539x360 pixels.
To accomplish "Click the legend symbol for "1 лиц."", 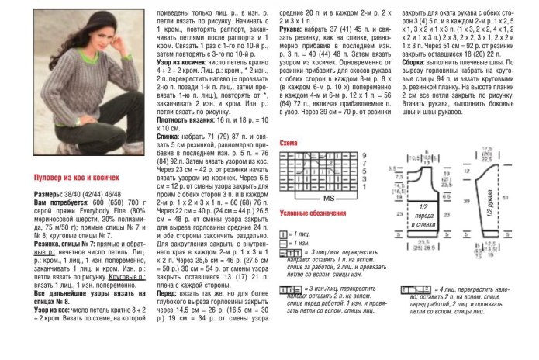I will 282,234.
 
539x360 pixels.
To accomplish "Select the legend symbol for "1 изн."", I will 282,243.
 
